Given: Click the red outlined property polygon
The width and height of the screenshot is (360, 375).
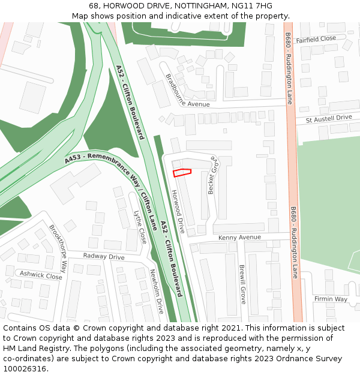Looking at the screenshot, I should point(182,173).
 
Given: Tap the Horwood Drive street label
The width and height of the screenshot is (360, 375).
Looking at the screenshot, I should point(178,211).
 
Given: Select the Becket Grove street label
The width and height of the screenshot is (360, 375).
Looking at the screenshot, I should point(211,175).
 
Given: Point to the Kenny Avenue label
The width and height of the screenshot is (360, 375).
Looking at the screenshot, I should point(239,238).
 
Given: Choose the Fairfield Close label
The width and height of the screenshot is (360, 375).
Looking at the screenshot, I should point(316,38).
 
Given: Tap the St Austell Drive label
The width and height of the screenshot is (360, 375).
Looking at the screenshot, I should point(328,119).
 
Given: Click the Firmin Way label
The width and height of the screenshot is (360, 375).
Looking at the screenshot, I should point(331,299).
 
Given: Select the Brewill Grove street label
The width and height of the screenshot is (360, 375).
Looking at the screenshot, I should point(242,284).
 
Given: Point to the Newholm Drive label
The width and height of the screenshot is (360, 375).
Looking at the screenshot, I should point(157,291).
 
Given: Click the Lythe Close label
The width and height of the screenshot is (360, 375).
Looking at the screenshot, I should point(140,227).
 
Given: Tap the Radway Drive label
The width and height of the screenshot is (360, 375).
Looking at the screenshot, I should point(104,257).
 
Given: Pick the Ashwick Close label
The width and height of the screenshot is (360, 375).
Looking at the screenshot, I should point(41,275).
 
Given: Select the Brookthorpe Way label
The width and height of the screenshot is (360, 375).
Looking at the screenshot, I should point(58,248).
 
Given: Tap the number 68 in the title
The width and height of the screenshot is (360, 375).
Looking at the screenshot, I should point(94,6).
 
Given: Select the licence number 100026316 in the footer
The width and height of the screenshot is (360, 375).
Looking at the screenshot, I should point(25,369).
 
